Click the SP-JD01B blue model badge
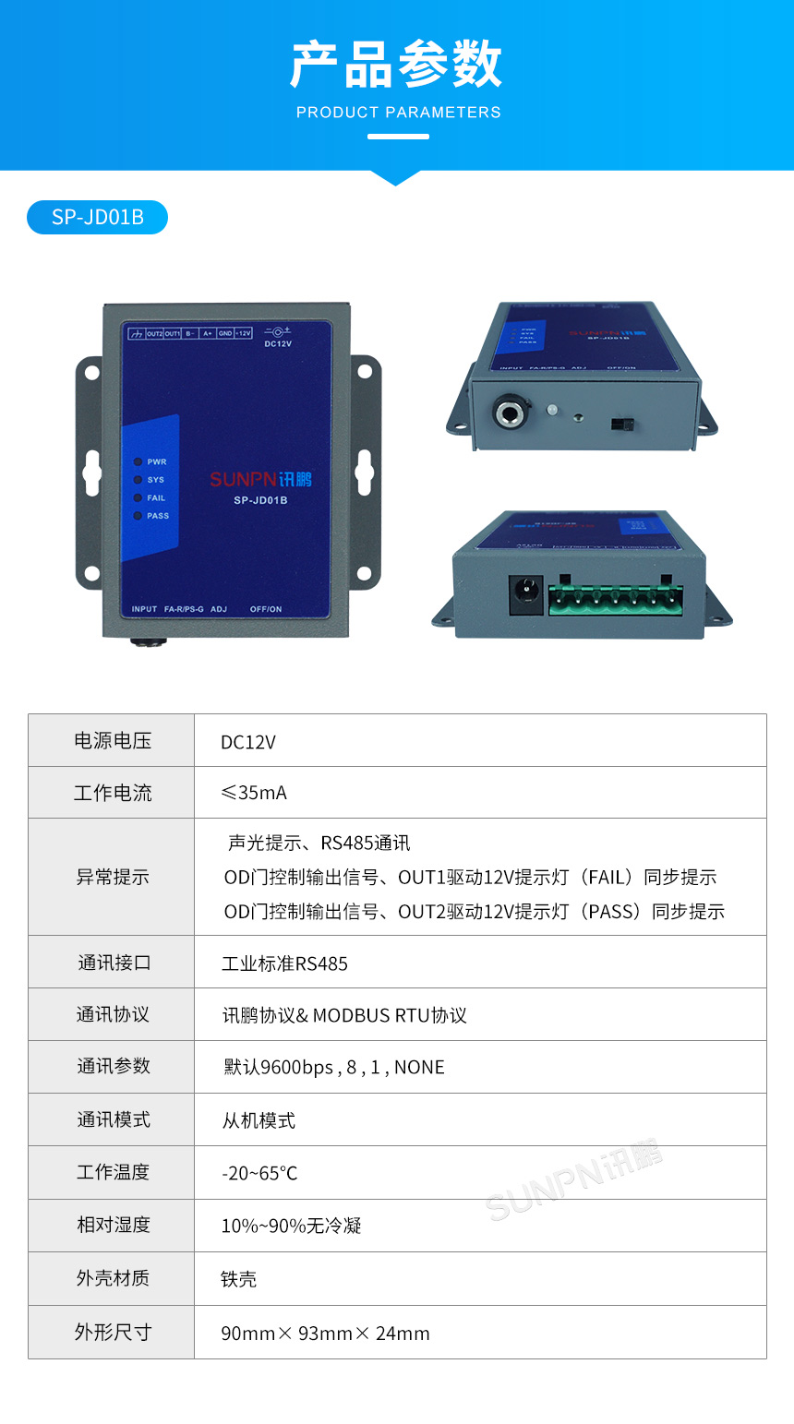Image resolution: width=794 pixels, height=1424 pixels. (x=98, y=217)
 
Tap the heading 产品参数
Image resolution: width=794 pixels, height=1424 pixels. (x=397, y=65)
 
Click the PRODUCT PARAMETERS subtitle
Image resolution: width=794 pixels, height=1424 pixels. (x=398, y=113)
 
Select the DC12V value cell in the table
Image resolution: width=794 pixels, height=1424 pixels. (x=248, y=742)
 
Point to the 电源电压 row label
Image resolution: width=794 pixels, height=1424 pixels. (x=112, y=740)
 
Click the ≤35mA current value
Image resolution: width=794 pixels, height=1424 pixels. (x=254, y=793)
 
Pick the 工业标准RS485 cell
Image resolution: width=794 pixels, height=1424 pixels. (x=284, y=963)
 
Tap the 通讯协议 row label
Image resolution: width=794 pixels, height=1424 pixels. (x=112, y=1014)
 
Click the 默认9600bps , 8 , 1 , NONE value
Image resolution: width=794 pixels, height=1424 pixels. (x=333, y=1068)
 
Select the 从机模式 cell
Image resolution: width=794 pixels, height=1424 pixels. (x=259, y=1120)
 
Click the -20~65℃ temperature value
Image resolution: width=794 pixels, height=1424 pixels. (x=259, y=1174)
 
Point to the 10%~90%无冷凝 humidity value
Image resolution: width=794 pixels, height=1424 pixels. (x=291, y=1227)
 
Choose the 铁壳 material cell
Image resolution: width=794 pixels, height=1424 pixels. (x=238, y=1279)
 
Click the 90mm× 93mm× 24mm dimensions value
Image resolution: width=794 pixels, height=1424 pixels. (x=325, y=1334)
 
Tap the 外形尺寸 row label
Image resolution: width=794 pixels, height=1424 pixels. (x=112, y=1332)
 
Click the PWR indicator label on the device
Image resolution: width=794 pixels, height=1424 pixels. (x=156, y=461)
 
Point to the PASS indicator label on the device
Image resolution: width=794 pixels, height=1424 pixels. (x=158, y=516)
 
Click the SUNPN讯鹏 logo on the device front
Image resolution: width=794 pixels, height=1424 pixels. (x=260, y=479)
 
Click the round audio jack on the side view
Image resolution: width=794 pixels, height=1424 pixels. (x=510, y=413)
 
